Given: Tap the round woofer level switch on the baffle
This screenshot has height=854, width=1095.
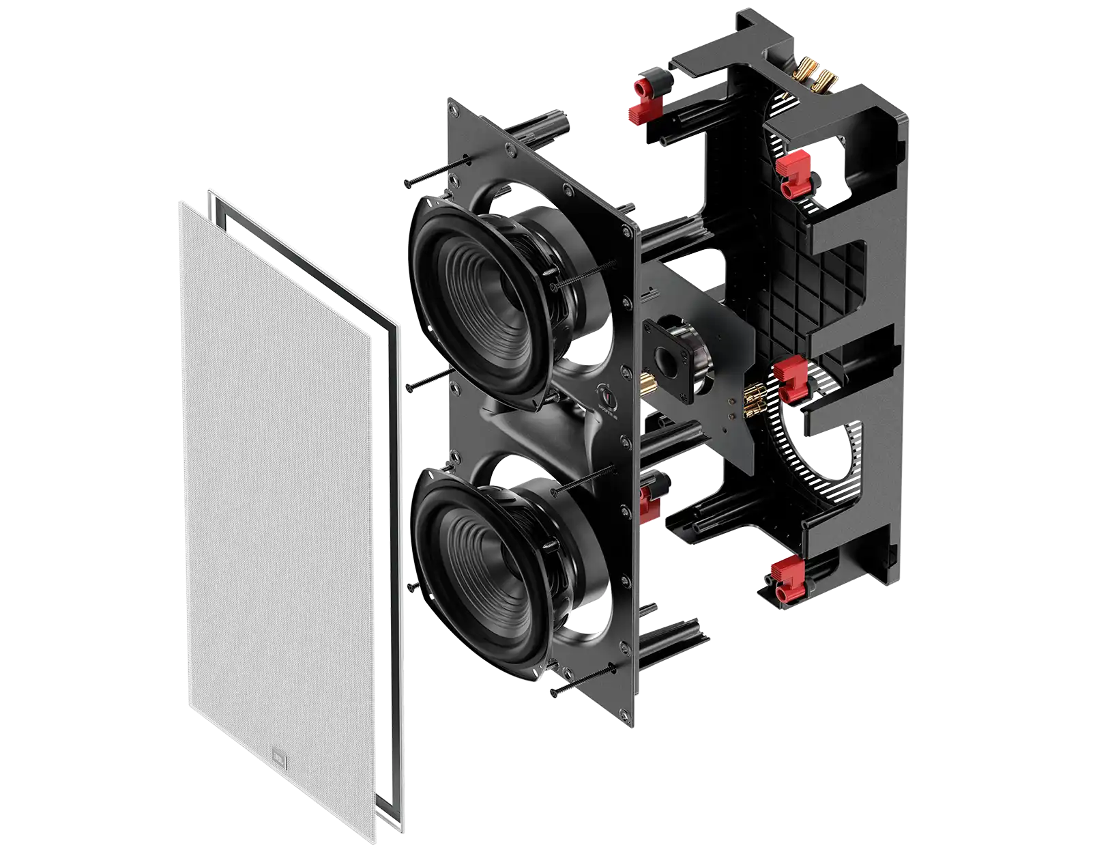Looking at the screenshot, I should (605, 395).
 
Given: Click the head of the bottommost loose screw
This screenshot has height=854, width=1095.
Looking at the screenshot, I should (554, 693).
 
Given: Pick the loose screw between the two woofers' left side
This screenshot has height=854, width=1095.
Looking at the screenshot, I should (410, 387).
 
